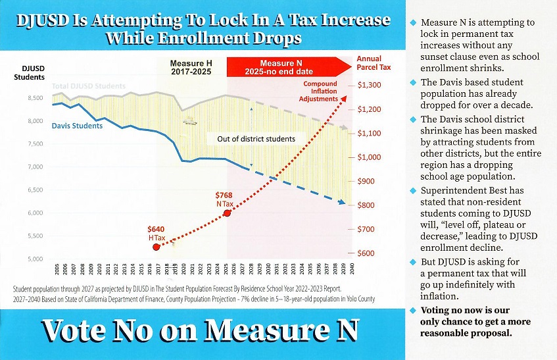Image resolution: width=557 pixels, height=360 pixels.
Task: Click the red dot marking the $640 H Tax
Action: (156, 247)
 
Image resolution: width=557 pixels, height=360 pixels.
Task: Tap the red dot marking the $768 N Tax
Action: (227, 213)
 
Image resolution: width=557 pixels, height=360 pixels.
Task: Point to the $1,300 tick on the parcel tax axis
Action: (369, 85)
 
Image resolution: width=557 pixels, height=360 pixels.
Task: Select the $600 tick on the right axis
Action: (366, 253)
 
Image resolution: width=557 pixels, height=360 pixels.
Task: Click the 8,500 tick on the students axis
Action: (35, 98)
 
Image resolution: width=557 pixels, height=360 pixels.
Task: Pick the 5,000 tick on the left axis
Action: (35, 259)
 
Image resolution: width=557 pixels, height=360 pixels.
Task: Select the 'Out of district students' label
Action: (256, 139)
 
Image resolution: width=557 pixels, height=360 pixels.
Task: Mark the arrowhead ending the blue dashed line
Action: (342, 202)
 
